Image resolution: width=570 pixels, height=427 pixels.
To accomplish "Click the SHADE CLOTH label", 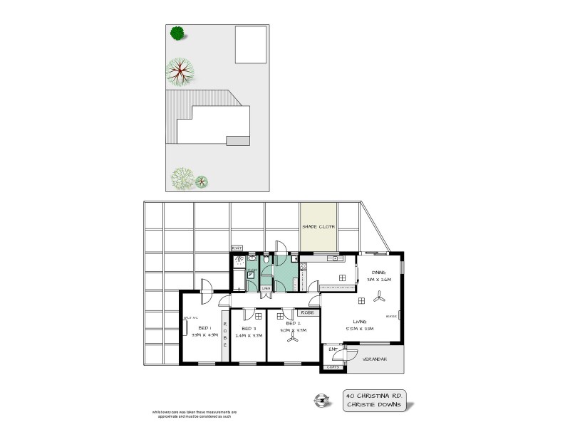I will pyautogui.click(x=318, y=227).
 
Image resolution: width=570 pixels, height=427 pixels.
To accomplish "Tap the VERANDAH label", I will pyautogui.click(x=375, y=359).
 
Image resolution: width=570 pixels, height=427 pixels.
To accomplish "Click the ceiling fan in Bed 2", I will pyautogui.click(x=292, y=339).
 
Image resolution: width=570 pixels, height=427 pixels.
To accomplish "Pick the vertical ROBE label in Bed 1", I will pyautogui.click(x=225, y=334).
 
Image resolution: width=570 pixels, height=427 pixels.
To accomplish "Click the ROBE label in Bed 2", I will pyautogui.click(x=307, y=312).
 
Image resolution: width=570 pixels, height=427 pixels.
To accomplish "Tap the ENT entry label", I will pyautogui.click(x=332, y=349).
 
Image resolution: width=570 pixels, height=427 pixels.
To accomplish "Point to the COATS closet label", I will pyautogui.click(x=333, y=367).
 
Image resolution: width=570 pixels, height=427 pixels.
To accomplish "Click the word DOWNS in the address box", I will pyautogui.click(x=388, y=405).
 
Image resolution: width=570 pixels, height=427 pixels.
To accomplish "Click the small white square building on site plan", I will pyautogui.click(x=251, y=45).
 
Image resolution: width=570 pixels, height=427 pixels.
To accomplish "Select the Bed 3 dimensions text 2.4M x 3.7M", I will pyautogui.click(x=249, y=335).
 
